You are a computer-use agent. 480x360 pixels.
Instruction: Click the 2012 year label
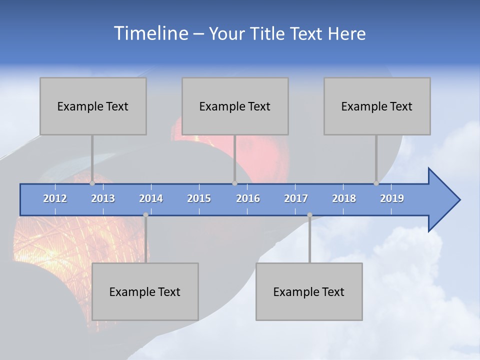[x=55, y=198]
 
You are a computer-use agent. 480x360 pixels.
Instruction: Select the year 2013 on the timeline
[x=103, y=198]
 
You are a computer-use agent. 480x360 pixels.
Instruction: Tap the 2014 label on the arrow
[x=151, y=198]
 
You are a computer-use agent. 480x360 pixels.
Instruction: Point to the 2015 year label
[x=199, y=198]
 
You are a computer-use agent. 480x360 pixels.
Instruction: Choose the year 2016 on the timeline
[x=248, y=198]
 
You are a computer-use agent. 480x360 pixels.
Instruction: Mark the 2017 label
[x=296, y=198]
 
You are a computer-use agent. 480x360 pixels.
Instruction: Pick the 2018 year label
[x=344, y=198]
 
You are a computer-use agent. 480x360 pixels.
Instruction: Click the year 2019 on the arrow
[x=392, y=198]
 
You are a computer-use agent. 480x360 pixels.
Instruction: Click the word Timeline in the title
[x=150, y=33]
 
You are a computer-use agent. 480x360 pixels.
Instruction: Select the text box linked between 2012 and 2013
[x=93, y=106]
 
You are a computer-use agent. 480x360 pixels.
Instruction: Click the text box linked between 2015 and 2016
[x=235, y=106]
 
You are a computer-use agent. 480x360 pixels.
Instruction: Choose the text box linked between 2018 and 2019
[x=377, y=106]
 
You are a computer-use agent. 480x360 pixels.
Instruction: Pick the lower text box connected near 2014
[x=145, y=291]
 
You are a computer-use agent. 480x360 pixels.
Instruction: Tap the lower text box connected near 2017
[x=309, y=291]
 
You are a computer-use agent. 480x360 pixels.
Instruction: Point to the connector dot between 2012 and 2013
[x=92, y=183]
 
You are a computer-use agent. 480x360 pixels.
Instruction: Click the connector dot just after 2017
[x=309, y=215]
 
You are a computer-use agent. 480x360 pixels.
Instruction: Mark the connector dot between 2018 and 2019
[x=376, y=183]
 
